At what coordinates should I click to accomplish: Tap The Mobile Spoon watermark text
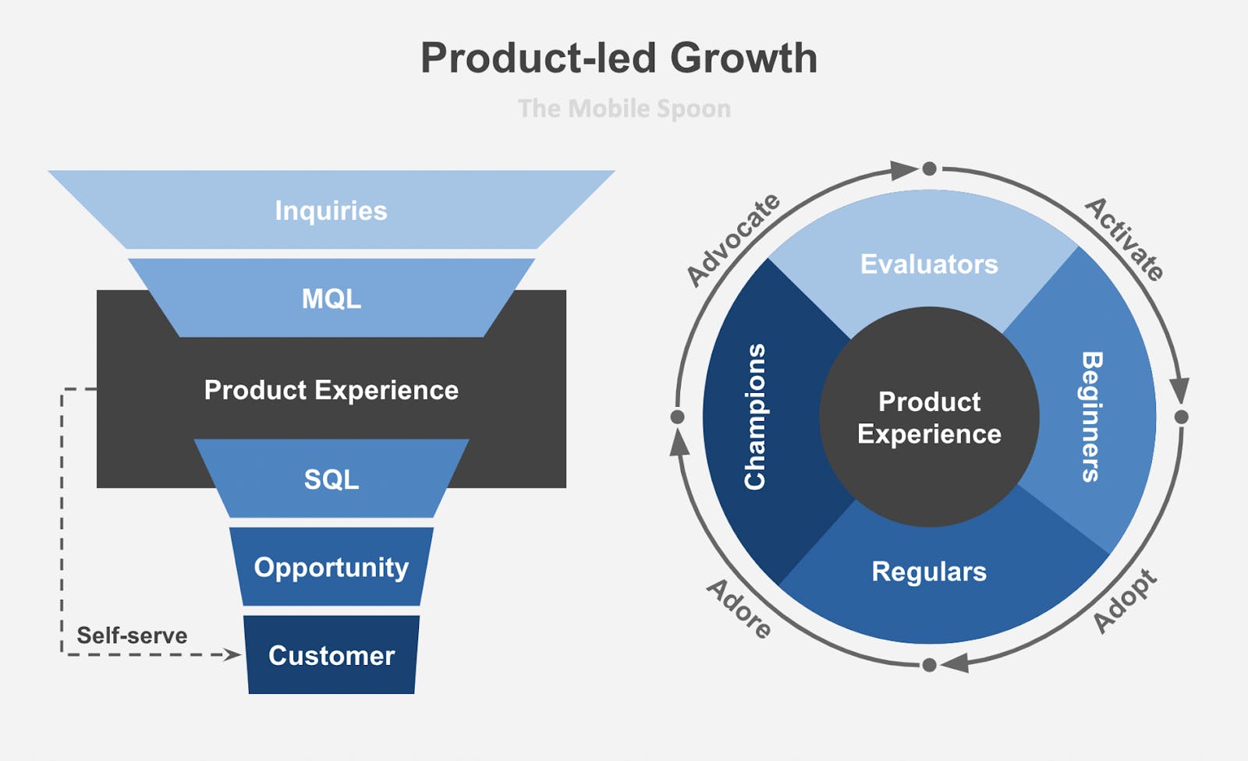(624, 108)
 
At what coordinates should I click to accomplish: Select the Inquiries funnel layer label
(331, 211)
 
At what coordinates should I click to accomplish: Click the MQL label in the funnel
(331, 299)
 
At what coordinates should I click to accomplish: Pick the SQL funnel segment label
(331, 479)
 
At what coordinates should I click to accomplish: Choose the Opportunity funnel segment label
(331, 567)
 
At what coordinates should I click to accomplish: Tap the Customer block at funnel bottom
(331, 655)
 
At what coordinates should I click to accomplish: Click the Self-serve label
(132, 635)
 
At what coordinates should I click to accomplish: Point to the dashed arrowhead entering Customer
(232, 655)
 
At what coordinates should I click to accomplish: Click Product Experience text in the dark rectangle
(331, 390)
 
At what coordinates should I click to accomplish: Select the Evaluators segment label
(929, 264)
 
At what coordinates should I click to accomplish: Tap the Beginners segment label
(1091, 417)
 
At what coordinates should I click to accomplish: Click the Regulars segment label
(929, 572)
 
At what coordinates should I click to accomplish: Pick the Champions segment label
(755, 417)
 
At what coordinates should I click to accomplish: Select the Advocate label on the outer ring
(732, 239)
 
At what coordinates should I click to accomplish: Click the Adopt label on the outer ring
(1124, 601)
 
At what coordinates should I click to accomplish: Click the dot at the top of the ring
(929, 168)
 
